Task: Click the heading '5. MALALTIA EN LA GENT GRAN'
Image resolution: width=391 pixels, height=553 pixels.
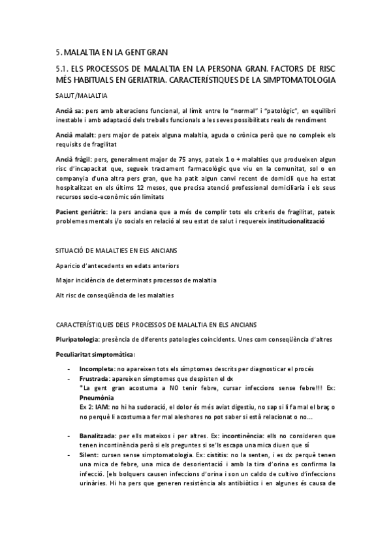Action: [x=112, y=52]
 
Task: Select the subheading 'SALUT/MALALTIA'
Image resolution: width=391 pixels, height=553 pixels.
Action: [x=80, y=96]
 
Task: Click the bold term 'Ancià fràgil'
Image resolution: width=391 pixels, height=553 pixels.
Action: [x=72, y=158]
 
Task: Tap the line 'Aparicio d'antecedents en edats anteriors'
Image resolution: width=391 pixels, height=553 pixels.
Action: [x=117, y=265]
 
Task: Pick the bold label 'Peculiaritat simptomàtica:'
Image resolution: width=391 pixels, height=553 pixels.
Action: [x=95, y=354]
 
